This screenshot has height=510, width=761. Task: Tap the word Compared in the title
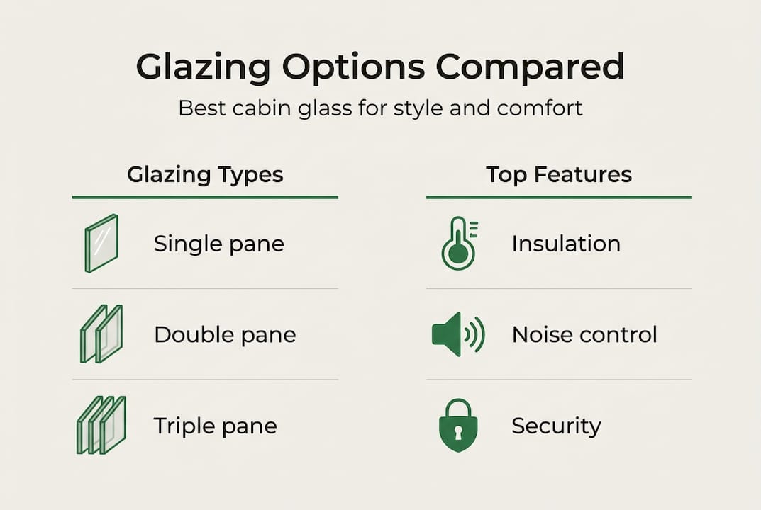click(530, 67)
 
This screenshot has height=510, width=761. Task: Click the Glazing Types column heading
click(205, 174)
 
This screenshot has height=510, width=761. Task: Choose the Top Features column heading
click(559, 174)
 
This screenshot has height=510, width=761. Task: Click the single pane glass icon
click(101, 244)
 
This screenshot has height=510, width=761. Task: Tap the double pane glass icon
click(101, 334)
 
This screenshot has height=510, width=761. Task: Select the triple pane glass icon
click(101, 425)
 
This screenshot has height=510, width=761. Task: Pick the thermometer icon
click(458, 244)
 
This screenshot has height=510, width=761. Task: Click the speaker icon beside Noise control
click(457, 334)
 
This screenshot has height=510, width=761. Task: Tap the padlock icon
click(458, 425)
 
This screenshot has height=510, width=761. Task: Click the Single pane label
click(218, 244)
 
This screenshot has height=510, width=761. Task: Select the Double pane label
click(225, 335)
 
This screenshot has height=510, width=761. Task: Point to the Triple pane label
click(215, 426)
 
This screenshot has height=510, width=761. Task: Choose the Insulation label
click(566, 244)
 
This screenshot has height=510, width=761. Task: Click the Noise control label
click(584, 334)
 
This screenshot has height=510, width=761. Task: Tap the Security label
click(556, 426)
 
